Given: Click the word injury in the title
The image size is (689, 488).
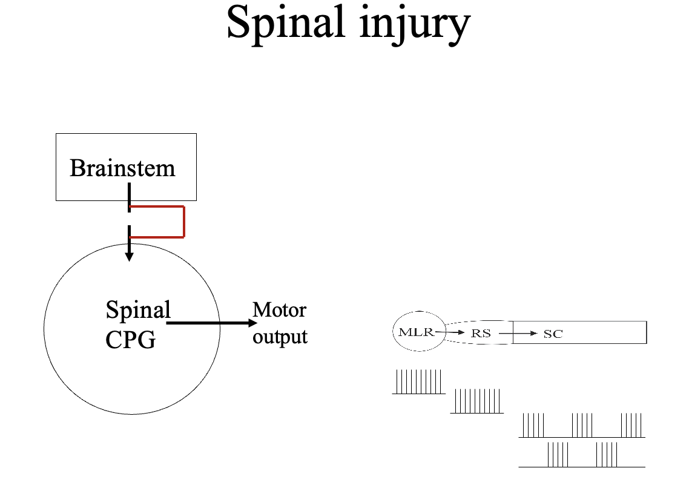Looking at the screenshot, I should [412, 24].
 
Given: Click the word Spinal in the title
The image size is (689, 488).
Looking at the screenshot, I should [285, 24].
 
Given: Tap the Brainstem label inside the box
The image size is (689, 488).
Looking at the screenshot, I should [122, 168].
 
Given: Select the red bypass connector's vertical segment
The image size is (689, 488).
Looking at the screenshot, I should [183, 222].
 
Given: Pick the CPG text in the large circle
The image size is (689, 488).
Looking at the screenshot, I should [130, 340].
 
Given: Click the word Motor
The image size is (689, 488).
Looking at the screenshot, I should [279, 310].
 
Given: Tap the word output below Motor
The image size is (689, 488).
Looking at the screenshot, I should [280, 336].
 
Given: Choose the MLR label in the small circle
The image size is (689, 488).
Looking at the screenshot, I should [416, 332].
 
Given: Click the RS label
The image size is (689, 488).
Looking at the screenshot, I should [481, 334].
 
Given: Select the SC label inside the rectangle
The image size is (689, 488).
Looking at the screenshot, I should [553, 334].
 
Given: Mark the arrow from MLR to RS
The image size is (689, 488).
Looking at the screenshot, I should [451, 332].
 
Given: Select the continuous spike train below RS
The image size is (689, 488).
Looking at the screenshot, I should [477, 401].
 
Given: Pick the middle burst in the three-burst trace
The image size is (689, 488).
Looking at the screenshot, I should [582, 425].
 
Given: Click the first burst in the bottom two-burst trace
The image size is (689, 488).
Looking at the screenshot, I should [558, 455].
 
